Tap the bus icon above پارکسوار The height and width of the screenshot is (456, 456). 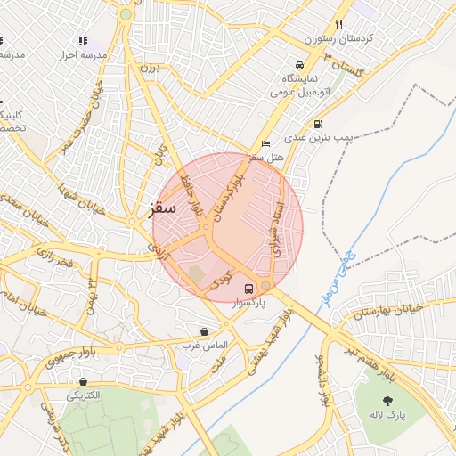click(x=248, y=289)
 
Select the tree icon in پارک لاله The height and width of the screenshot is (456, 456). click(x=388, y=402)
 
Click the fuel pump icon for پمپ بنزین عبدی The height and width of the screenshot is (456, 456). click(x=318, y=125)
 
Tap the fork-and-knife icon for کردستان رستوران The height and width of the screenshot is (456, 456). click(x=338, y=25)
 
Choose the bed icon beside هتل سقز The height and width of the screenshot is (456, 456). click(x=265, y=143)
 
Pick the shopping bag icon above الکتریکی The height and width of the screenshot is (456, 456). click(x=83, y=381)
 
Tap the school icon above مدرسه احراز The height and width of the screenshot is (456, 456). click(x=83, y=41)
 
